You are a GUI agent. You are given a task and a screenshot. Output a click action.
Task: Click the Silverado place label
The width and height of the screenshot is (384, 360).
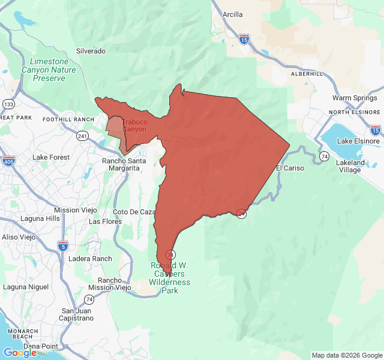point(91,51)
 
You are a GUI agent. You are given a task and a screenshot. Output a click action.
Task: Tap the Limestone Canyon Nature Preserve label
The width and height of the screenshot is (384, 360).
point(53,70)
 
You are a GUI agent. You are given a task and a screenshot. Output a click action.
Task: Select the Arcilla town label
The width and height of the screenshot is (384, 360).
point(232,14)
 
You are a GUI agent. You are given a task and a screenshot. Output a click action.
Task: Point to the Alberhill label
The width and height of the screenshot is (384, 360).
point(307,73)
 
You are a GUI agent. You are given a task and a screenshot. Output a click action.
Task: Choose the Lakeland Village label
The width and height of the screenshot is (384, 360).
point(350,166)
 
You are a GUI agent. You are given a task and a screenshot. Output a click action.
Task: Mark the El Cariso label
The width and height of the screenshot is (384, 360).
point(290,168)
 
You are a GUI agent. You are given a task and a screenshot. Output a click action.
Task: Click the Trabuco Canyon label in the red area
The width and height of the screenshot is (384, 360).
point(134,125)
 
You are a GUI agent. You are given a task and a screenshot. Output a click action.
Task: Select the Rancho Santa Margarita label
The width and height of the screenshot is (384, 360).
point(124,164)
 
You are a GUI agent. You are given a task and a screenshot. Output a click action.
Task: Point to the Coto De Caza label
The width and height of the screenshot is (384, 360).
point(134,212)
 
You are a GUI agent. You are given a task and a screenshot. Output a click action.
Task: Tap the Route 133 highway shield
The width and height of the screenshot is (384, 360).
point(8,104)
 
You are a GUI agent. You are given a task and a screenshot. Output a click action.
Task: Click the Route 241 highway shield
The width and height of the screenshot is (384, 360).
point(83,136)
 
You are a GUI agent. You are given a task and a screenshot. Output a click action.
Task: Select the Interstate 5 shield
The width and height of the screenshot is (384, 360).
point(63,245)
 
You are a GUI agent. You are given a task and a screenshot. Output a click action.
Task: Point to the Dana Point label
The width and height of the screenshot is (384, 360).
point(41,346)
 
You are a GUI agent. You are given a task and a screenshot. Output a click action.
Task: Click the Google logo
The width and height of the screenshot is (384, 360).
point(20,353)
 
